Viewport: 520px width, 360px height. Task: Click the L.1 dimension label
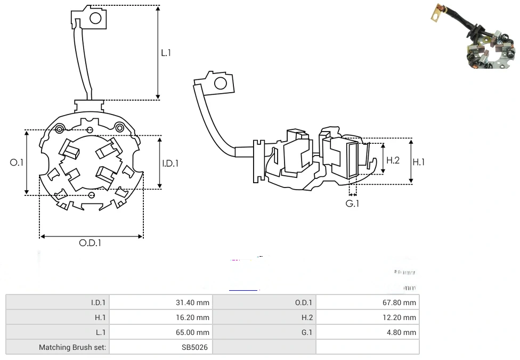point(166,53)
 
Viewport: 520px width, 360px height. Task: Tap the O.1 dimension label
point(17,162)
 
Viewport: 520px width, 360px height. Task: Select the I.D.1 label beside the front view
point(170,163)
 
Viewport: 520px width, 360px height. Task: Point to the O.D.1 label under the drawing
point(90,243)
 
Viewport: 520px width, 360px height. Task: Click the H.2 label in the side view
point(393,160)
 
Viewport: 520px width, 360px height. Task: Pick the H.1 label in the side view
point(419,162)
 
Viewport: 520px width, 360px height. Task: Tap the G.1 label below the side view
point(352,204)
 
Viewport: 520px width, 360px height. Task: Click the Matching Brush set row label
point(72,347)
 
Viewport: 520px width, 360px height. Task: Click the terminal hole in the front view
point(95,19)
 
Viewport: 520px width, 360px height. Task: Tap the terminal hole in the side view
point(219,83)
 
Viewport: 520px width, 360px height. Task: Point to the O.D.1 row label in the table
point(304,302)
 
